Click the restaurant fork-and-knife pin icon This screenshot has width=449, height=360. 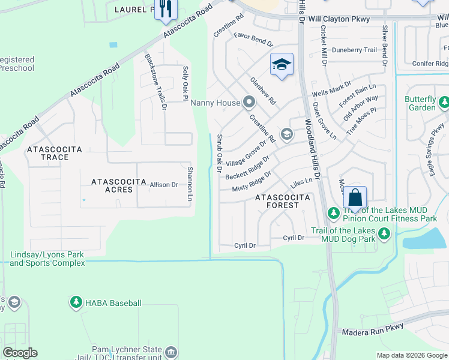pos(166,8)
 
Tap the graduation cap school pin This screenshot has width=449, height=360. pos(281,64)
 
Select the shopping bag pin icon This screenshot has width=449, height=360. pos(355,197)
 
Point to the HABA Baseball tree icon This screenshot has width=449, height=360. pos(76,302)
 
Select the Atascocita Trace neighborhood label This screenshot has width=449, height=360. pos(55,152)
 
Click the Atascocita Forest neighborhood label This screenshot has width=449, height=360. pos(283,201)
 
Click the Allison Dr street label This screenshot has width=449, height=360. pos(164,185)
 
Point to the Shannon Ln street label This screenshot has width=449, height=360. pos(190,184)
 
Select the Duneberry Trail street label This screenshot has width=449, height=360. pos(354,50)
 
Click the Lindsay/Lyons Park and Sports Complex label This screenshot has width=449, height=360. pos(47,259)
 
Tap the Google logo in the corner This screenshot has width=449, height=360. pos(19,353)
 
